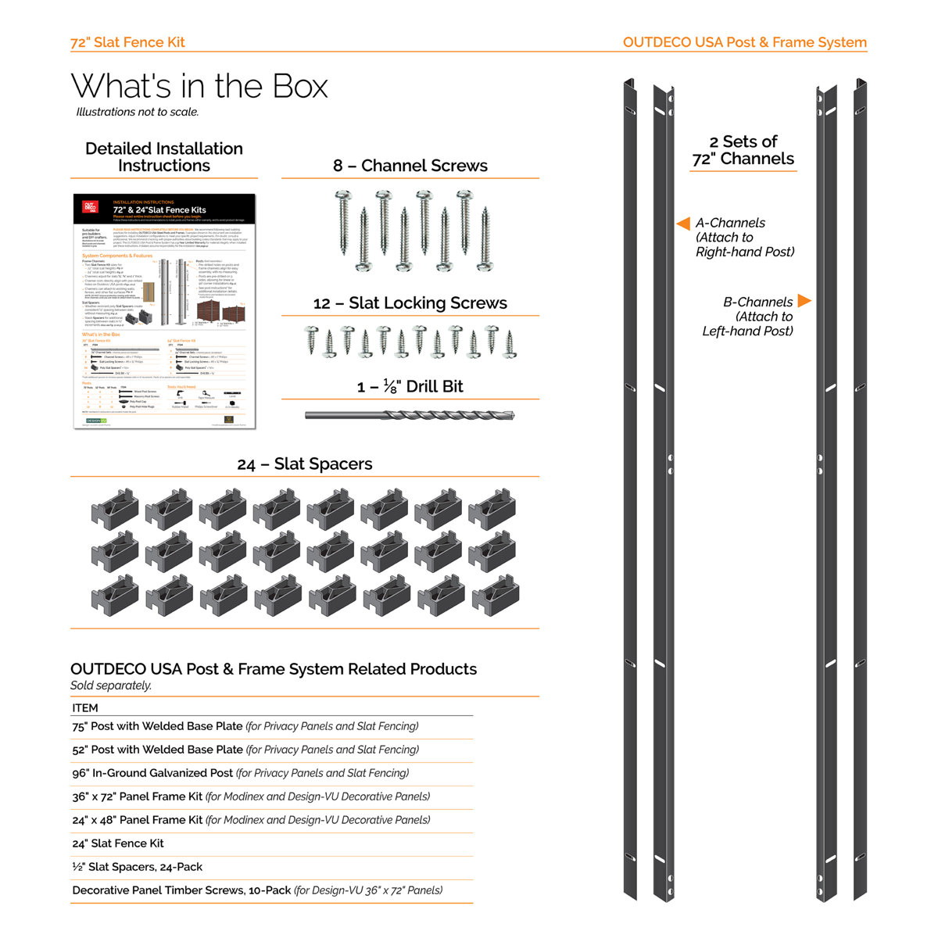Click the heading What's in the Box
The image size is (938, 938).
[199, 87]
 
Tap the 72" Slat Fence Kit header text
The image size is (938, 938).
[127, 42]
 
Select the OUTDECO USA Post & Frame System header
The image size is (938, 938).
[744, 42]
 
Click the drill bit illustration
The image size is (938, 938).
[410, 415]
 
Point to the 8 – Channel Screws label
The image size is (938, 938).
[410, 166]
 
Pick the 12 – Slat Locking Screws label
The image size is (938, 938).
[410, 303]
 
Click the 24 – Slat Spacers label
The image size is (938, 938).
[304, 464]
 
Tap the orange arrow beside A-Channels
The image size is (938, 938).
[682, 223]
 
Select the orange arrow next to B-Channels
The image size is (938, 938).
[804, 301]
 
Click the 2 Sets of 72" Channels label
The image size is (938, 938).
[743, 150]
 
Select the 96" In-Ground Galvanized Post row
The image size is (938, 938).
[240, 773]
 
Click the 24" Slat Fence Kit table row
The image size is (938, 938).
[118, 843]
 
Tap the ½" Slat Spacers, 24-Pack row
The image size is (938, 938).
[138, 867]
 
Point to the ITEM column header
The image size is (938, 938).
[85, 707]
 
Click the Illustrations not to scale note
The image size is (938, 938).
[138, 112]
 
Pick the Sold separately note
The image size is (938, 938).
[111, 686]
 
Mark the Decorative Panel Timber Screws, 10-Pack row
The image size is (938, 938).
[257, 890]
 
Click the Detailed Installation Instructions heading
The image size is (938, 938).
[164, 157]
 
